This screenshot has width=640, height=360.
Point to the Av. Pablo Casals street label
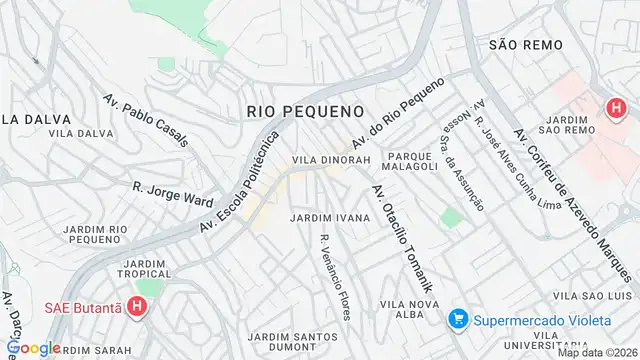coord(145,120)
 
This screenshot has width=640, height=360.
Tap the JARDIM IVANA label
coord(330,217)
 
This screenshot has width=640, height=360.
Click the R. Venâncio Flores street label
coord(335,276)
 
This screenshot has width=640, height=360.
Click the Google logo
coord(33,347)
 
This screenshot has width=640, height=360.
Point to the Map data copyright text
coord(597,352)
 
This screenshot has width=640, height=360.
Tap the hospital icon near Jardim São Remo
coord(612,107)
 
